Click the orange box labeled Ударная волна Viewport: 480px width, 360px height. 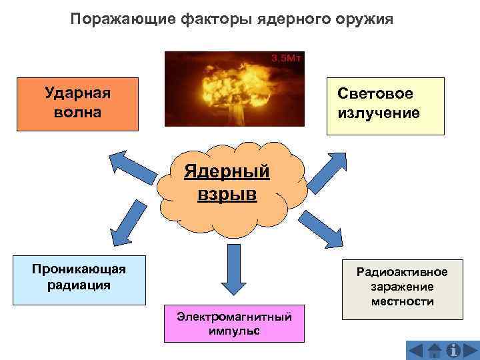[x=78, y=103]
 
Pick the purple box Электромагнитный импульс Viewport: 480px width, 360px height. [x=234, y=323]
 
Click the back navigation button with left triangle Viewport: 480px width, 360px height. [x=416, y=350]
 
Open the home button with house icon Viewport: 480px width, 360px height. [x=435, y=350]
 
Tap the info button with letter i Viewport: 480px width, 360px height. [x=454, y=350]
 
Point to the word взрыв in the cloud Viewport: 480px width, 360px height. [x=227, y=195]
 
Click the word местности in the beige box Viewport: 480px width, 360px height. [x=402, y=302]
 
